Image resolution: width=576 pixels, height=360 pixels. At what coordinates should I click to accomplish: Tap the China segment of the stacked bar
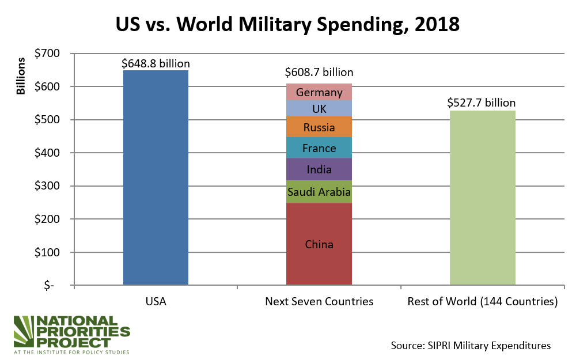coord(319,244)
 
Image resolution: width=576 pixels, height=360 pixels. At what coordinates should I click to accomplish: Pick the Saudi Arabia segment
coord(319,192)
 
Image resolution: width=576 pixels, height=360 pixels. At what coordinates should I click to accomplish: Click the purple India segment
coord(319,169)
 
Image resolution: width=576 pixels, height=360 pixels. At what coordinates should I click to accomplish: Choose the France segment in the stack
coord(319,148)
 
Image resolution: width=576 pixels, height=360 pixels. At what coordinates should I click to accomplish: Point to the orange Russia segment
coord(319,127)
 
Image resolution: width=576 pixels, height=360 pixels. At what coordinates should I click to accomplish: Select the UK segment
coord(319,108)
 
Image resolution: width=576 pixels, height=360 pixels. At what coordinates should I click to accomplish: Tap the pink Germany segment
coord(319,92)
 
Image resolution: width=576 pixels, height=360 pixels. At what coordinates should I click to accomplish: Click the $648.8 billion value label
coord(156,63)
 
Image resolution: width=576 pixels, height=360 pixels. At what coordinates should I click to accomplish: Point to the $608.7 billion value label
coord(319,73)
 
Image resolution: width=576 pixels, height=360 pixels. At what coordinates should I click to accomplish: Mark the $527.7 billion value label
coord(482,103)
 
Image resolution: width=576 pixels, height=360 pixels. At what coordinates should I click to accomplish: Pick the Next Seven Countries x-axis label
coord(319,301)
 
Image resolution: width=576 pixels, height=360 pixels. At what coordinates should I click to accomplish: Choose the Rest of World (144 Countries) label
coord(482,301)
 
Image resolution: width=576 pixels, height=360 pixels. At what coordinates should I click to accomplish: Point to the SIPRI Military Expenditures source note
coord(471,345)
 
